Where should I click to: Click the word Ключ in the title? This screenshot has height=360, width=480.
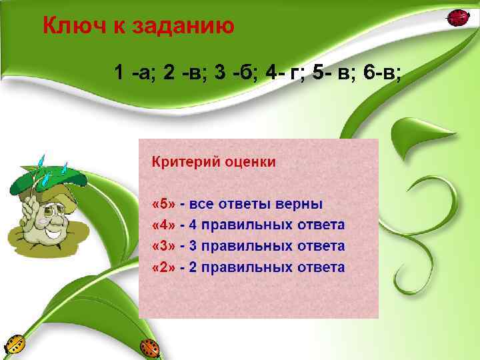pos(71,26)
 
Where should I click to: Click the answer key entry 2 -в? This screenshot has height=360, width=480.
pos(185,73)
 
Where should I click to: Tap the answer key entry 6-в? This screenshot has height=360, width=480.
pos(382,73)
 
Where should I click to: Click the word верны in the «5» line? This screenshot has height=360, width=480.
pos(299,203)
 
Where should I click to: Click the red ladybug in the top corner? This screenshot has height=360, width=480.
pos(457,18)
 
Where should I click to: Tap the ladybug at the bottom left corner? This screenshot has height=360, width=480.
pos(14,345)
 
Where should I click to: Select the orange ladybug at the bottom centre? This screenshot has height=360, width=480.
pos(149,347)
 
